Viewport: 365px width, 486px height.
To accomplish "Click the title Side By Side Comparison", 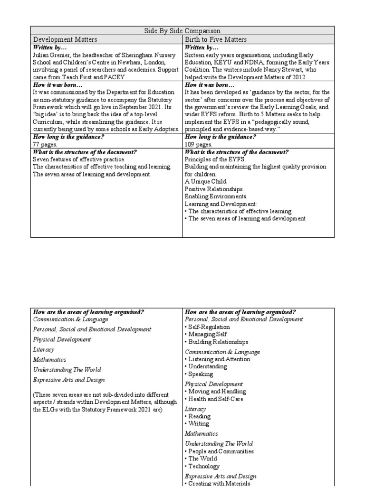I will (182, 31).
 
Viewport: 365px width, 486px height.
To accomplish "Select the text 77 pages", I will (44, 143).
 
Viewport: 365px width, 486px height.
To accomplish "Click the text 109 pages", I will (198, 143).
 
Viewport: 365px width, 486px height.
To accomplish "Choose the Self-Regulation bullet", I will (209, 327).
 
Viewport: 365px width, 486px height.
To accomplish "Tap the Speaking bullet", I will (201, 374).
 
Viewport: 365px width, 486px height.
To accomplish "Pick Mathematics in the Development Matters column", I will (49, 360).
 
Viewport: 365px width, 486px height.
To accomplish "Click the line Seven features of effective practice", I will (78, 159).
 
